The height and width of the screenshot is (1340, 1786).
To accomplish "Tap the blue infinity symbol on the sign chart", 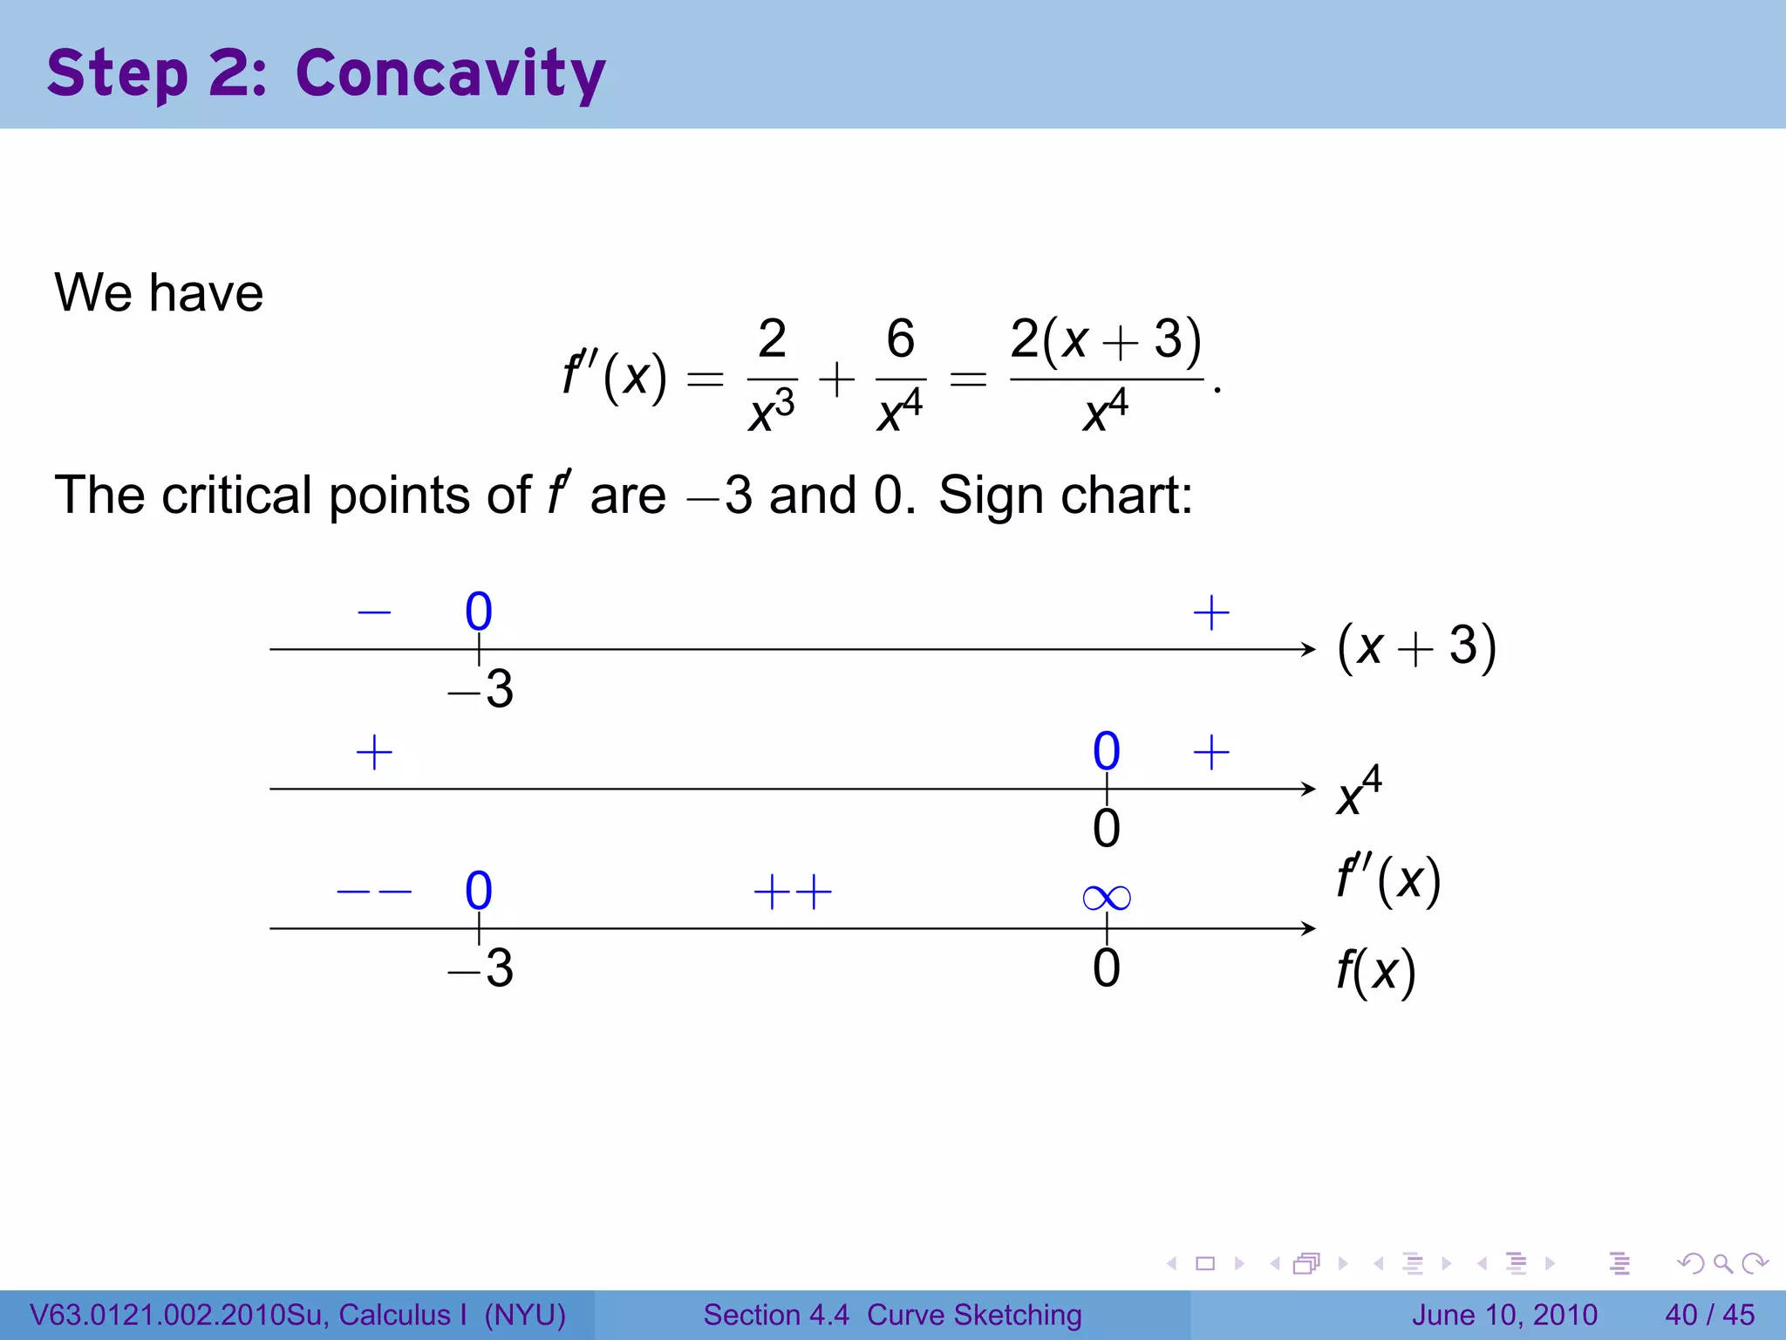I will [x=1106, y=897].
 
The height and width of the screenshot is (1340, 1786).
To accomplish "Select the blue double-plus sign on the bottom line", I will [x=793, y=892].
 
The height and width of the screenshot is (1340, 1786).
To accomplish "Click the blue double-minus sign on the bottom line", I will [x=374, y=892].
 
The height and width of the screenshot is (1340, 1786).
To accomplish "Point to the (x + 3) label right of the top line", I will [x=1416, y=647].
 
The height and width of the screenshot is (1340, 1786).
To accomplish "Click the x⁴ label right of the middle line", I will [x=1359, y=790].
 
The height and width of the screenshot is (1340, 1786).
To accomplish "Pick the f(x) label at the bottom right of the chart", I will [x=1375, y=970].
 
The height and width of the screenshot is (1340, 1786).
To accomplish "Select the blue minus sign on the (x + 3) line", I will [x=374, y=612].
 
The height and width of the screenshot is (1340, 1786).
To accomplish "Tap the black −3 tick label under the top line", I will [x=481, y=689].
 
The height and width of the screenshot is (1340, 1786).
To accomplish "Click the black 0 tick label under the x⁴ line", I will [x=1106, y=829].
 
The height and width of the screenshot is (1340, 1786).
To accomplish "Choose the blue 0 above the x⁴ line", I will [x=1106, y=751].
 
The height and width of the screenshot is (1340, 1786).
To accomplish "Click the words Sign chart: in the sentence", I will [x=1065, y=496].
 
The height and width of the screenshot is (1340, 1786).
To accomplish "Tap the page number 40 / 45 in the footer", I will [x=1709, y=1315].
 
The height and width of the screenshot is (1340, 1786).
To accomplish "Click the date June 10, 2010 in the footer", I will [x=1504, y=1315].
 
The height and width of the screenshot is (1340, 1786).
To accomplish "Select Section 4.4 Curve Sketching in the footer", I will [x=892, y=1315].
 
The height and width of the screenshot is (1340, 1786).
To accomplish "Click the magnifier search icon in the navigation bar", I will [x=1722, y=1263].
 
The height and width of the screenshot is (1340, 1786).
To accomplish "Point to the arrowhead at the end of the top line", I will [x=1309, y=649].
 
